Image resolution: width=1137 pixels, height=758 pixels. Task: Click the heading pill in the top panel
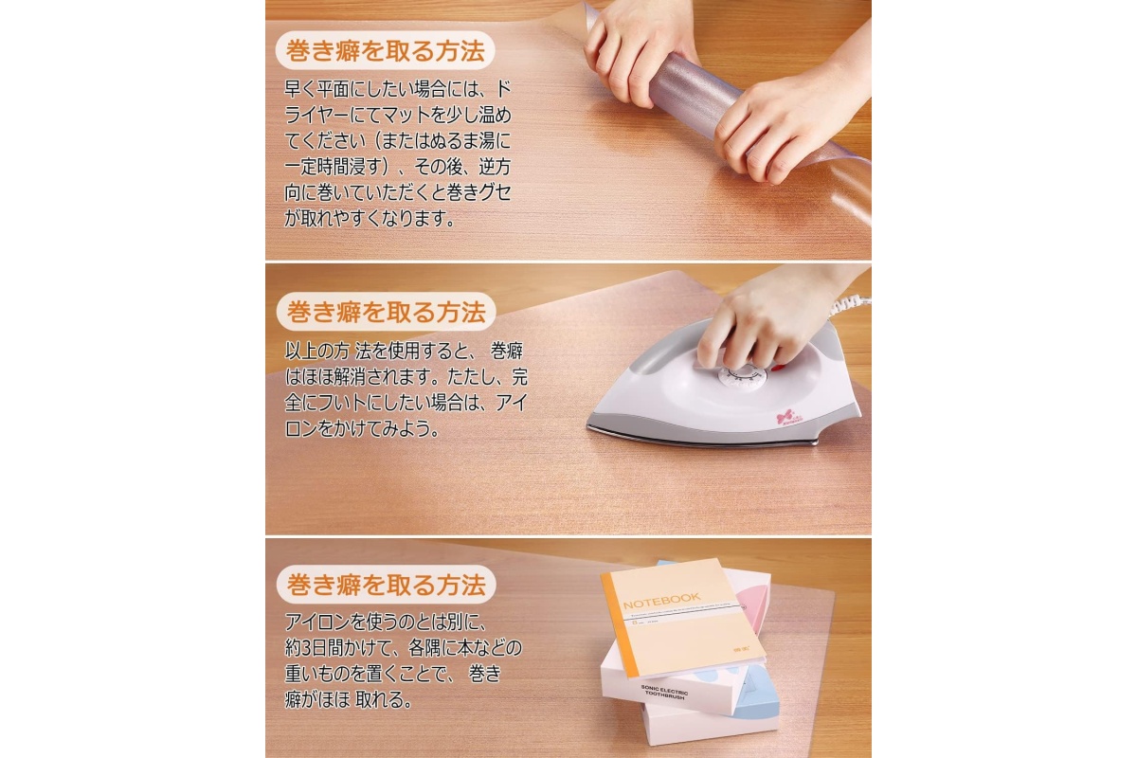click(x=385, y=50)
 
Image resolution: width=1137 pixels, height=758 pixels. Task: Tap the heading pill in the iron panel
click(x=386, y=311)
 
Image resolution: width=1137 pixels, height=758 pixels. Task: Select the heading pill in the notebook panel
click(x=386, y=584)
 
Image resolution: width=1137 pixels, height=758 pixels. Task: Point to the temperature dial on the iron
click(x=741, y=378)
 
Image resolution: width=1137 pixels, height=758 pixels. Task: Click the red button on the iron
click(x=778, y=367)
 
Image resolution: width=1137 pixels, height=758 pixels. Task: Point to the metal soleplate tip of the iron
click(x=592, y=425)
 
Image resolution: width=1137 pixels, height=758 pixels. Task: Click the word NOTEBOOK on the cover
click(x=661, y=601)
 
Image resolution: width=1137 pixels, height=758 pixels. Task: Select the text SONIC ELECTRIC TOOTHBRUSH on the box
click(x=665, y=692)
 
